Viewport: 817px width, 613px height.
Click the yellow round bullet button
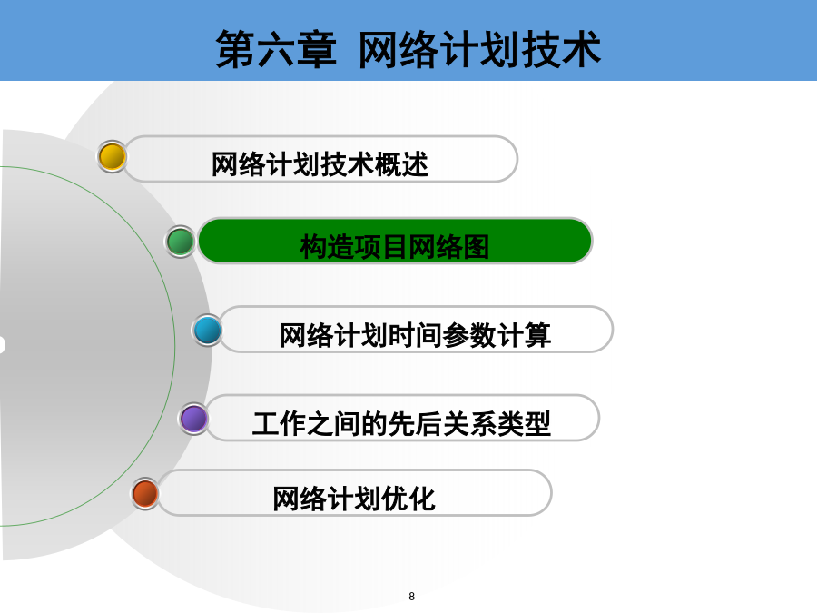[x=112, y=157]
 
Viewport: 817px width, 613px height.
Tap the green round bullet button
[x=181, y=242]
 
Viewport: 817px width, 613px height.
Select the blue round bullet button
[x=207, y=330]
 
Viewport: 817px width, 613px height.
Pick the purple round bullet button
[x=194, y=419]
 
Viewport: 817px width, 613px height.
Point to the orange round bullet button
[x=145, y=493]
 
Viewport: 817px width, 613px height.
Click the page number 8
[x=411, y=597]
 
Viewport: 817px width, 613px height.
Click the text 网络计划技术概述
[x=320, y=164]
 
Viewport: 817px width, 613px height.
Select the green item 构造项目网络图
[x=395, y=242]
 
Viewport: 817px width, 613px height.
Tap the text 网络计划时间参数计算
[x=415, y=335]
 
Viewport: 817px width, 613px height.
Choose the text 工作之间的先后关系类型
[x=401, y=423]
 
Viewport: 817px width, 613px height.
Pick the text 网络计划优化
[x=354, y=499]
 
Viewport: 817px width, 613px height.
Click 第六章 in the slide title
[x=276, y=49]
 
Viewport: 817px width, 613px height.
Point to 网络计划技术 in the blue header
[x=479, y=49]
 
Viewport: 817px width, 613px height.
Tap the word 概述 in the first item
[x=401, y=164]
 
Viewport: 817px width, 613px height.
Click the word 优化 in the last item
[x=408, y=499]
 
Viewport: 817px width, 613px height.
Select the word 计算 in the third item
[x=524, y=335]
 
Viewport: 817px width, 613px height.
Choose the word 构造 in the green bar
[x=327, y=247]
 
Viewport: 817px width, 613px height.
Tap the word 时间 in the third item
[x=415, y=335]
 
